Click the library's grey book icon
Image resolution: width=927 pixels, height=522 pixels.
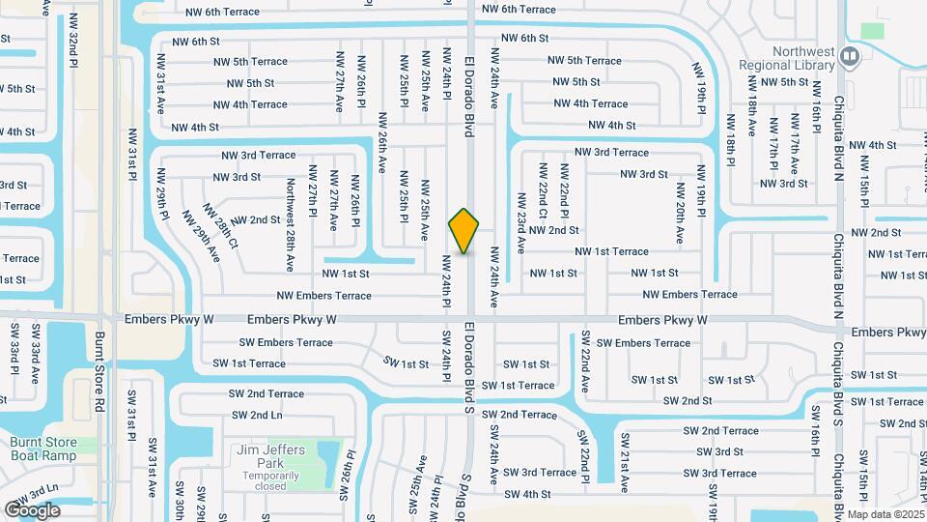849,57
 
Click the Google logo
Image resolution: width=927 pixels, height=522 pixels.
32,509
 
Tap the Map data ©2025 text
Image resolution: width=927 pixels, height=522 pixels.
885,513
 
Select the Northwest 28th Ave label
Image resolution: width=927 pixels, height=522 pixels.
290,223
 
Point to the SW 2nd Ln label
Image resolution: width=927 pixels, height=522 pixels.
258,415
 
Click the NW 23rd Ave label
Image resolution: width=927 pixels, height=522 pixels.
520,222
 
